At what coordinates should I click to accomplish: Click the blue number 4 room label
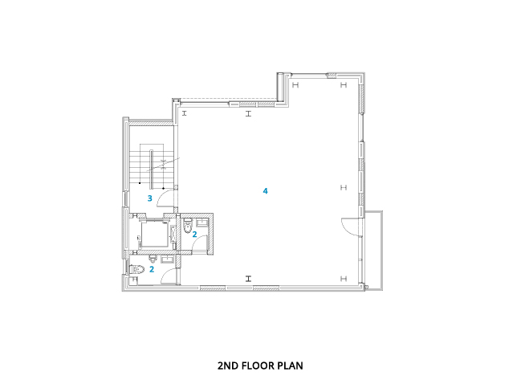265,191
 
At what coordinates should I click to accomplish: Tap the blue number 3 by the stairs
150,198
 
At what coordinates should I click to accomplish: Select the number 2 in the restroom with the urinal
152,269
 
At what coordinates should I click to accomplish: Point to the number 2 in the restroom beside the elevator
195,235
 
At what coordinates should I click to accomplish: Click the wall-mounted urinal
153,259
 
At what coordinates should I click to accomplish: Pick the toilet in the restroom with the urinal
137,269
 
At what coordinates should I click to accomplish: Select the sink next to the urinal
167,259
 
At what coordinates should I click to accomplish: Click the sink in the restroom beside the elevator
202,223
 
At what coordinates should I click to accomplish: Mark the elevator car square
154,234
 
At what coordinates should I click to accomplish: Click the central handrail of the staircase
152,169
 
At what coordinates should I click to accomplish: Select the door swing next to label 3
165,198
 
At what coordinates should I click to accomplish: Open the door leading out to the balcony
351,227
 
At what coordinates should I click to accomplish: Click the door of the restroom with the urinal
169,276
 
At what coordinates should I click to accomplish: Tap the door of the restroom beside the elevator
200,241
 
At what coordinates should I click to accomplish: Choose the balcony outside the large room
374,251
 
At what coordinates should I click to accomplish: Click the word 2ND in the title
228,366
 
